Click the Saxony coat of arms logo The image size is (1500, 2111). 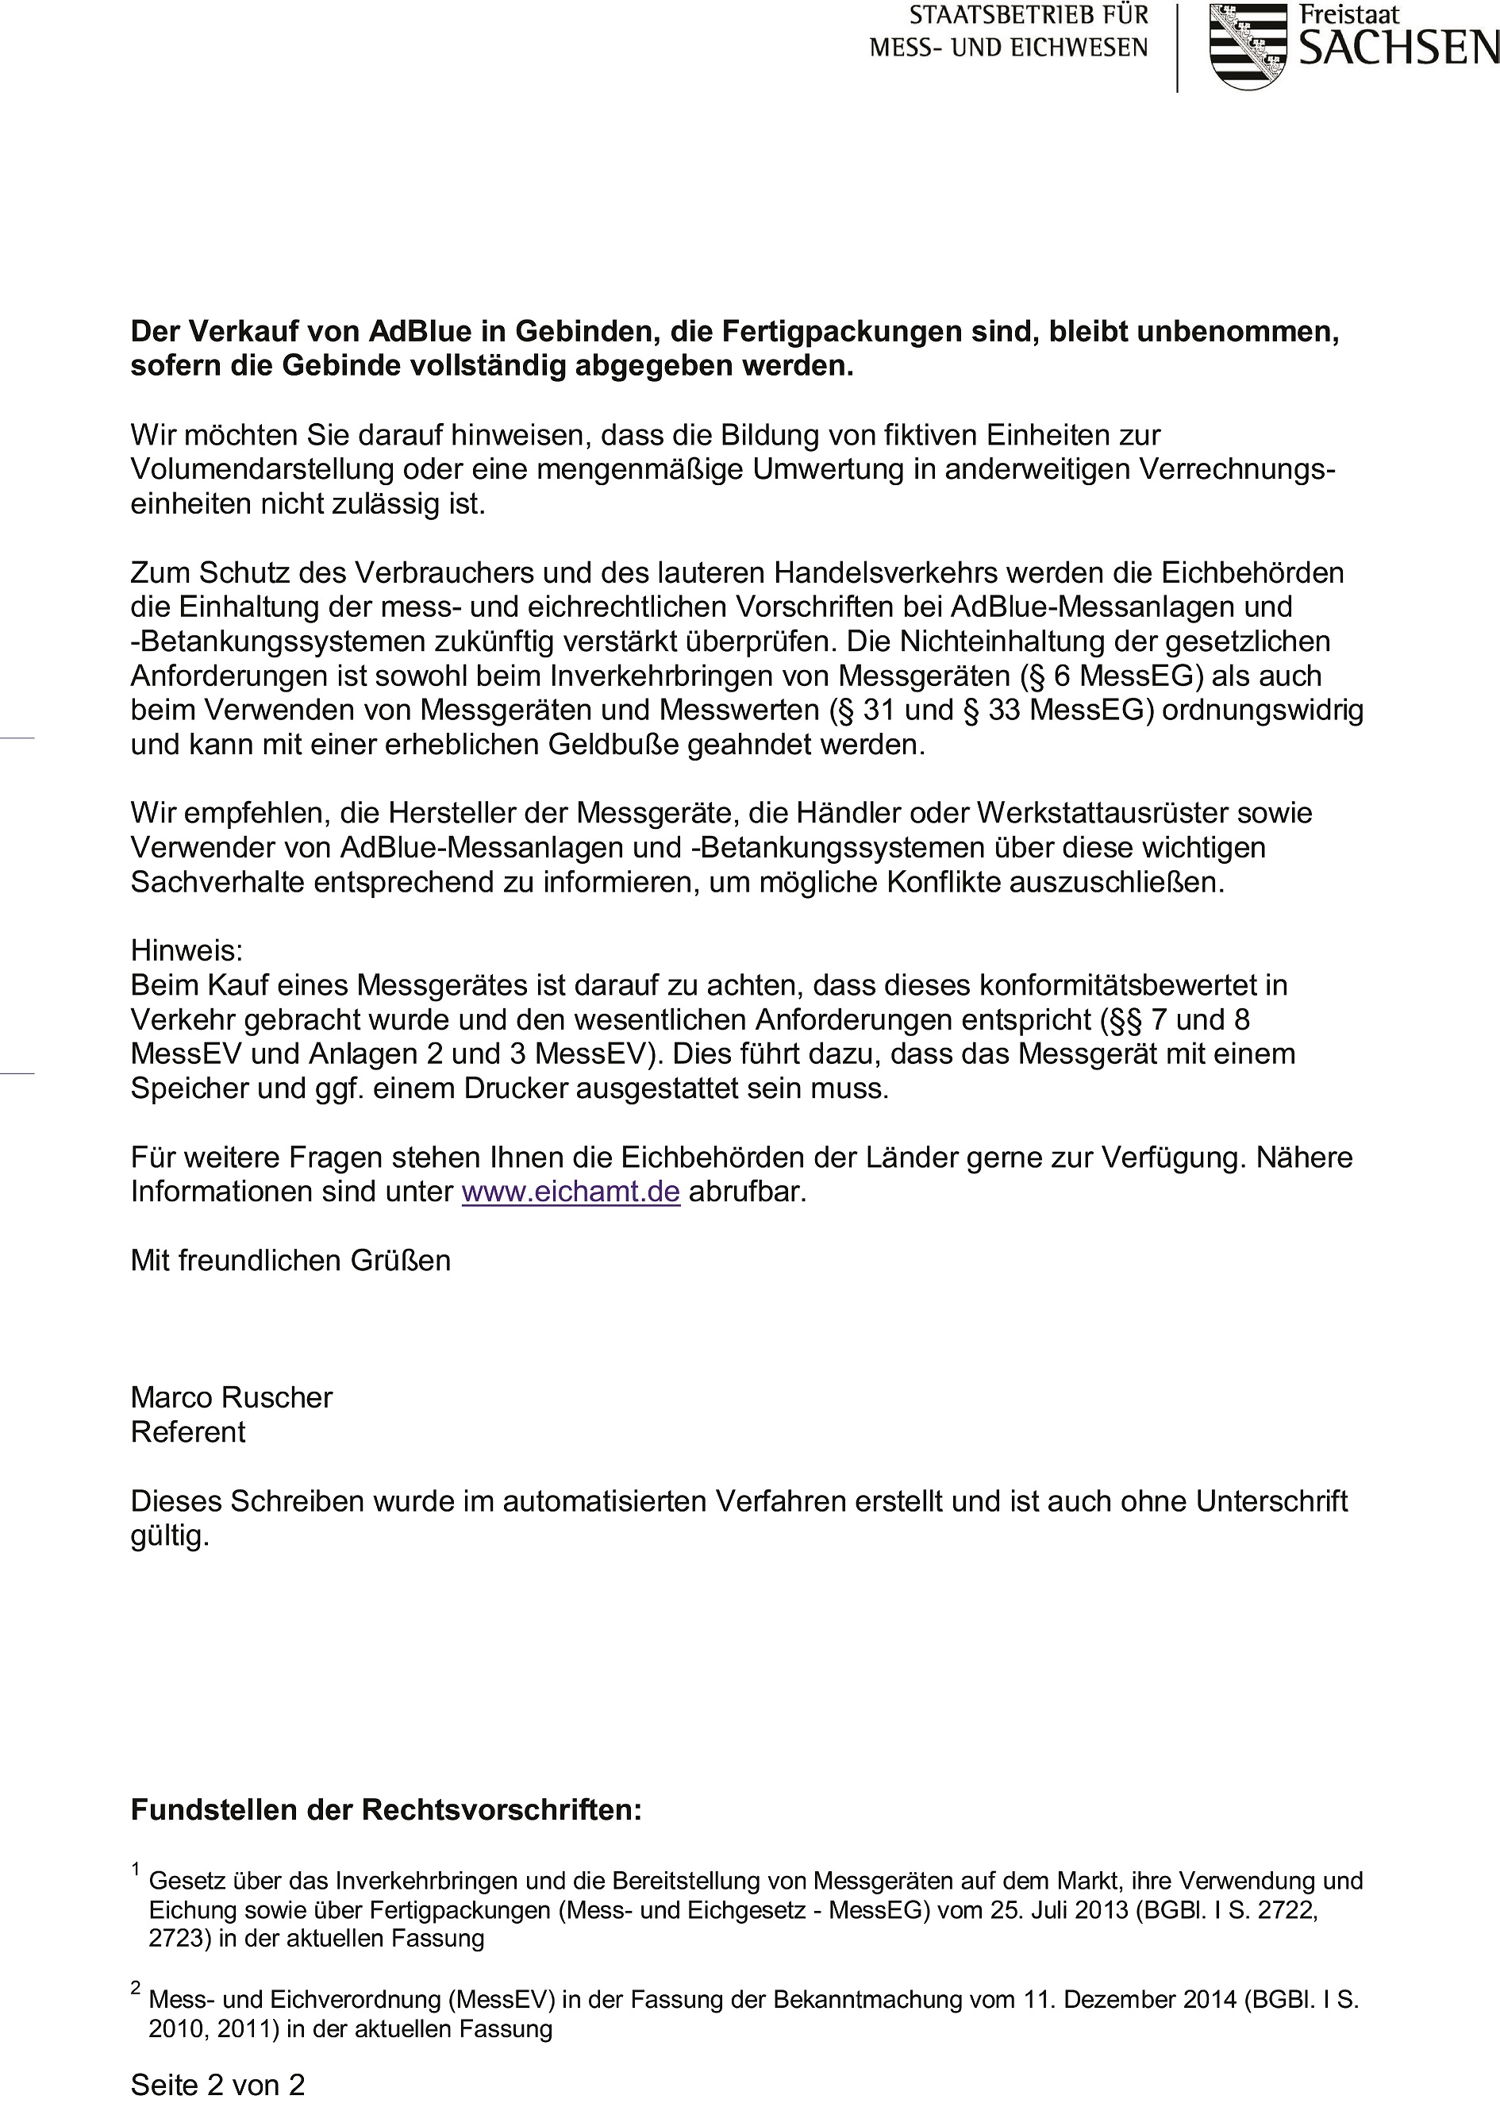pos(1248,46)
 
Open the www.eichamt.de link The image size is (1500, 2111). pos(571,1192)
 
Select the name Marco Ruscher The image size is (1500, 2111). pos(231,1398)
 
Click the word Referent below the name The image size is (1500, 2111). pos(188,1432)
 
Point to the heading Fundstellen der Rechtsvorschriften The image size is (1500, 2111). pos(386,1809)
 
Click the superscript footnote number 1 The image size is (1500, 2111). pos(136,1870)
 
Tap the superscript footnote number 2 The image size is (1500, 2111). pos(136,1988)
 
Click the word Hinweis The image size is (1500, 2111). pos(187,950)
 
